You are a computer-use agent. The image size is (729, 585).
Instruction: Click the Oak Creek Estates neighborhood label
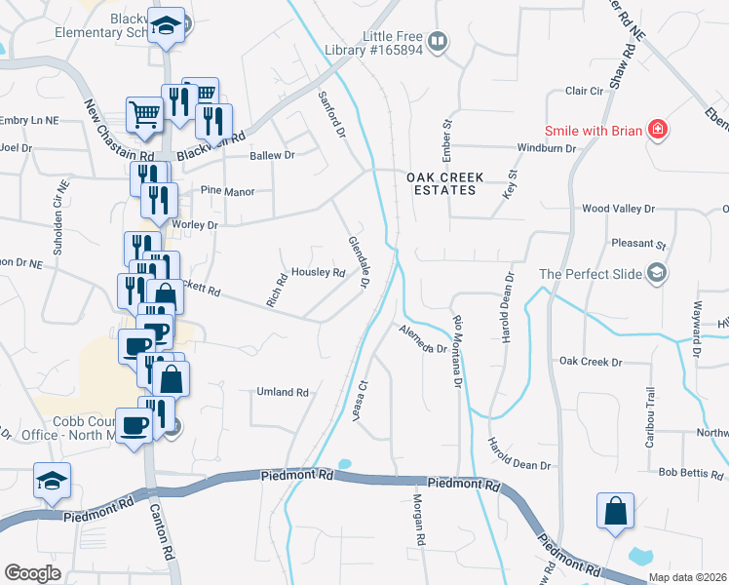point(441,182)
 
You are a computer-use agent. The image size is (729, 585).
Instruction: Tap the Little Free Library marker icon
point(439,41)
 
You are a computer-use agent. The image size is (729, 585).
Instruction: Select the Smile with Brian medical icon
point(658,129)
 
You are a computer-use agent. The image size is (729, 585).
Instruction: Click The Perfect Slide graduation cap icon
point(658,273)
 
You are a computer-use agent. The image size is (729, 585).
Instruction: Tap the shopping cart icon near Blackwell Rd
point(144,113)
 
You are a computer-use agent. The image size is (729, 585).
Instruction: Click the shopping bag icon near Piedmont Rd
point(615,510)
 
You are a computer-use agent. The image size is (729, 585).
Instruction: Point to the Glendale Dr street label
point(358,261)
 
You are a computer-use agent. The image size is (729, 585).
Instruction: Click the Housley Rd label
point(319,273)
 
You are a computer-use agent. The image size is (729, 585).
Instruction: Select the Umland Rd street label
point(282,392)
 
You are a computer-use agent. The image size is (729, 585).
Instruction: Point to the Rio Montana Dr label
point(456,351)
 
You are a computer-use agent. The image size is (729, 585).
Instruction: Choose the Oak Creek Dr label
point(591,362)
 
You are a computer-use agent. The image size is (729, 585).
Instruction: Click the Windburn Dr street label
point(547,148)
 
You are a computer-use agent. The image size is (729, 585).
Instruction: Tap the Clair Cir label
point(585,92)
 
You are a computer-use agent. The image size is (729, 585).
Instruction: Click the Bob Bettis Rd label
point(691,473)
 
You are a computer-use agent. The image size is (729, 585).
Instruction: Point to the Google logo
point(33,573)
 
